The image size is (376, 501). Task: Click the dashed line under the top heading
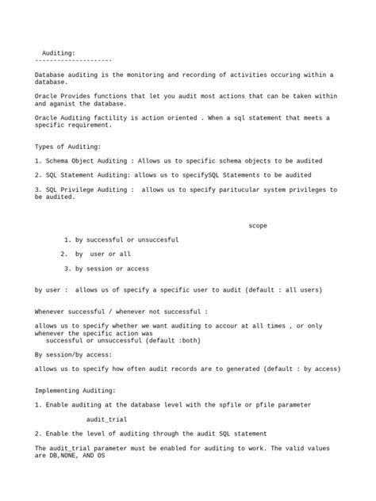pos(73,60)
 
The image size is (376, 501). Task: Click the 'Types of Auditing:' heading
pos(67,147)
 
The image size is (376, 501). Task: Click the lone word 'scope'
pos(258,225)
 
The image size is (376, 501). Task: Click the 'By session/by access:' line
pos(74,354)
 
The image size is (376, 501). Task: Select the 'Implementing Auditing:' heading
pos(75,390)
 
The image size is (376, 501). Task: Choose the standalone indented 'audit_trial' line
pos(106,419)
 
